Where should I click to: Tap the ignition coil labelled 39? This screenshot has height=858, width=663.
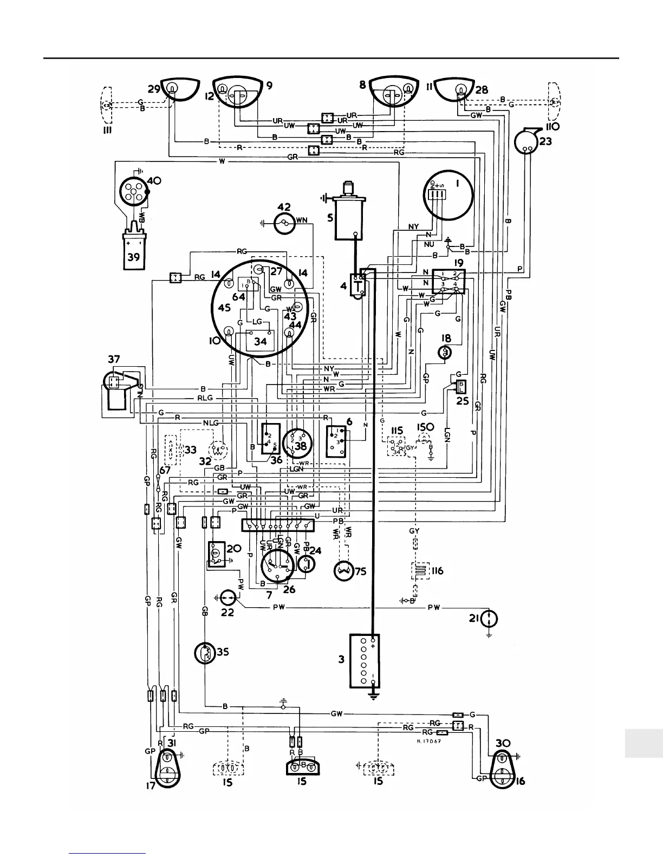[x=133, y=251]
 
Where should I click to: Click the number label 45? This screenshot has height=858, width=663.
[x=224, y=308]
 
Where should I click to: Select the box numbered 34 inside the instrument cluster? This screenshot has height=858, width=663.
[x=260, y=341]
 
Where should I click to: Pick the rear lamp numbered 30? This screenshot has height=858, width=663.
[x=503, y=769]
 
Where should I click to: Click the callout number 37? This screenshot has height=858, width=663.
[x=113, y=359]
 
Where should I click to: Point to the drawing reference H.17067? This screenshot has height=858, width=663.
[x=427, y=742]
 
